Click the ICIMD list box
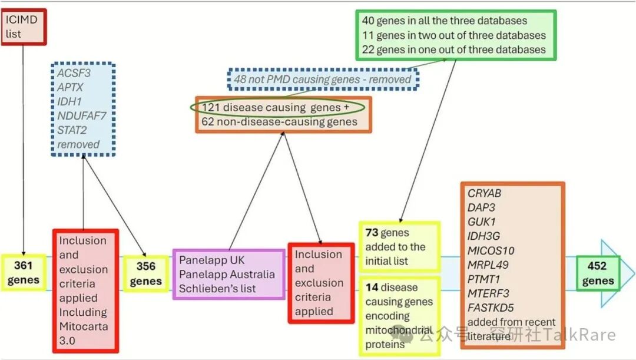(23, 27)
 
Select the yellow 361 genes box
(24, 273)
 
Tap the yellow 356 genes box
(145, 273)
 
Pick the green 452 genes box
(597, 273)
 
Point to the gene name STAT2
(72, 130)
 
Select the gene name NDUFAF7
(82, 115)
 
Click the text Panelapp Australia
(227, 274)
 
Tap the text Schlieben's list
(218, 288)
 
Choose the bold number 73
(372, 233)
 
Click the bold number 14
(372, 288)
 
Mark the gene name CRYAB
(485, 194)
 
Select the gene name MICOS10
(491, 250)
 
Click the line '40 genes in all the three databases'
(444, 21)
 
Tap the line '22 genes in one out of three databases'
(453, 49)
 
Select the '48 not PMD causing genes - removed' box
(322, 79)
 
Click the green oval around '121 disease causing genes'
(277, 108)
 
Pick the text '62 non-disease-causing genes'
(279, 122)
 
